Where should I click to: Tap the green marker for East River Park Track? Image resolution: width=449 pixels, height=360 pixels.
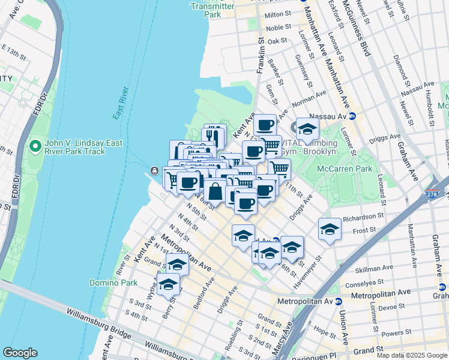click(35, 146)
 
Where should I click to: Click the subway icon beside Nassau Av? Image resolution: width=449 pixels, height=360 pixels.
click(354, 116)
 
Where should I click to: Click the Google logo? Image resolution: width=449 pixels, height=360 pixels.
click(20, 353)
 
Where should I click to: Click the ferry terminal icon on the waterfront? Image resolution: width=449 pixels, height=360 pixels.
click(155, 170)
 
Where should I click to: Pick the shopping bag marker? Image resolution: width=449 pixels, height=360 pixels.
click(215, 192)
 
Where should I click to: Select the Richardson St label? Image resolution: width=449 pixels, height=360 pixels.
click(364, 216)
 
